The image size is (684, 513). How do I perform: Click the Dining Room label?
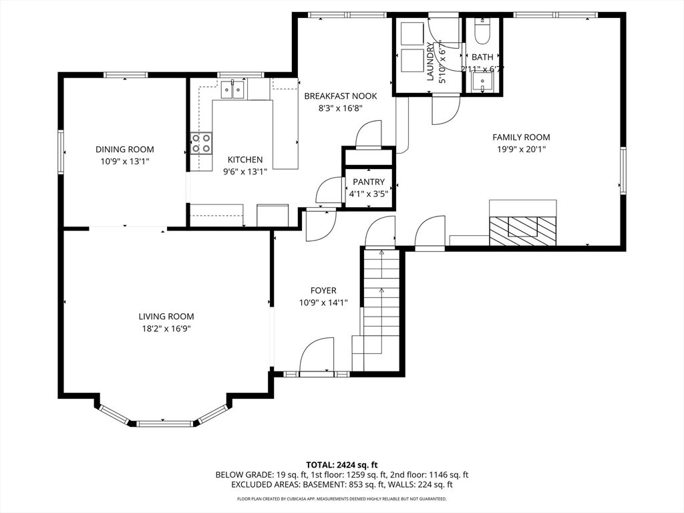(x=124, y=150)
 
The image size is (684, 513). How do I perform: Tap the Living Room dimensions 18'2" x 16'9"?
(x=166, y=328)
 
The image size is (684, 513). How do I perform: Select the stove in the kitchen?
(x=202, y=144)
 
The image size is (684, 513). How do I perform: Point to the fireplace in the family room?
(x=522, y=227)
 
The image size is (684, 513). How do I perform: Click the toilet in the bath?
(x=482, y=31)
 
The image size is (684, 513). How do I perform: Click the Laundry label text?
(x=430, y=62)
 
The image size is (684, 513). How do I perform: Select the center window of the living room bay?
(x=164, y=423)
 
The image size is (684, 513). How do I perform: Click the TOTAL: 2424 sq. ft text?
(x=341, y=464)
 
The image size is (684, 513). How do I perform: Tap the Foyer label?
(x=323, y=291)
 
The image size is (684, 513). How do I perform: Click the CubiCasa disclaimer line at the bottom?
(x=341, y=499)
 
